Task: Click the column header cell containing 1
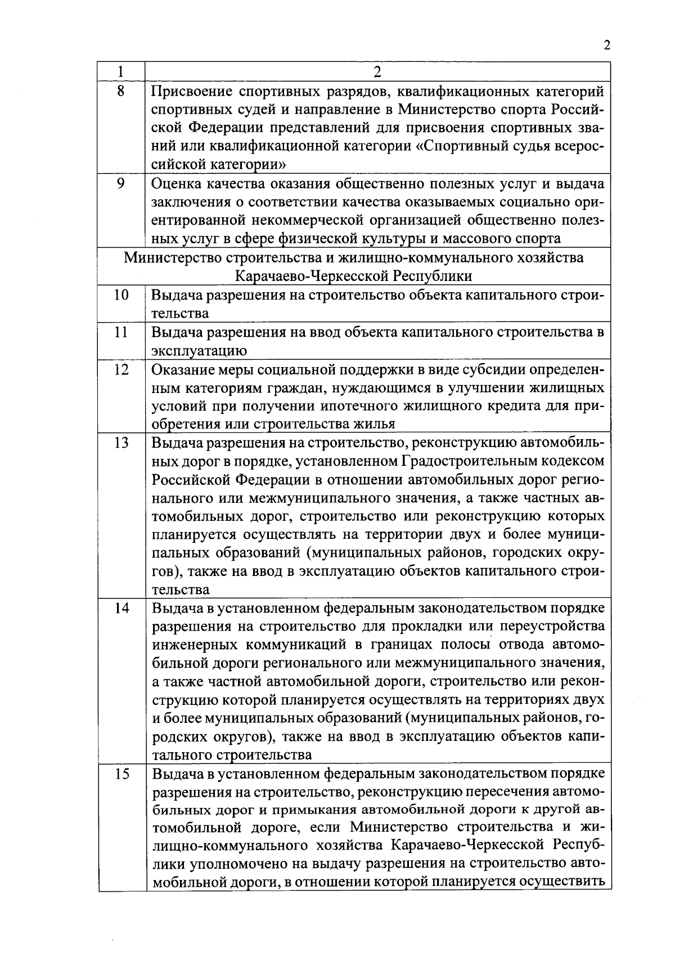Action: [121, 72]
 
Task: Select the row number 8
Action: [121, 90]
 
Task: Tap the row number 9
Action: [121, 184]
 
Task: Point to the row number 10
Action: [121, 294]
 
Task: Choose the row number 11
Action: [121, 332]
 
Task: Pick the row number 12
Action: [121, 369]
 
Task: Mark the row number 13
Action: [121, 443]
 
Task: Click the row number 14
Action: [121, 608]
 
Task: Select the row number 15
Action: [121, 774]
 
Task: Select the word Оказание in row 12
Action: [183, 369]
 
